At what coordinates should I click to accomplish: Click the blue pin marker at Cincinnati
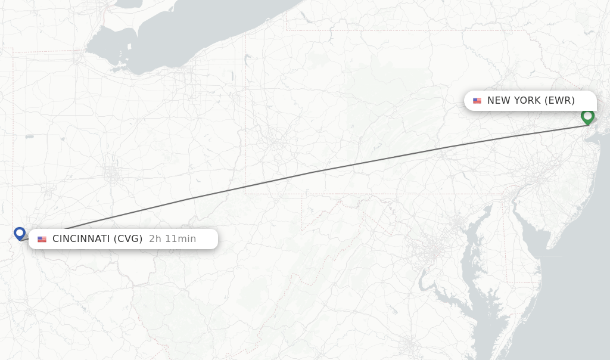coord(20,233)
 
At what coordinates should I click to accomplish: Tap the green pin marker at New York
coord(587,116)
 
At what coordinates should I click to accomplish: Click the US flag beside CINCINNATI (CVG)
coord(42,239)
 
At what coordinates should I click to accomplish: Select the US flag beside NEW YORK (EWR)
coord(477,101)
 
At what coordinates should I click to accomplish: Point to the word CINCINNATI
coord(81,239)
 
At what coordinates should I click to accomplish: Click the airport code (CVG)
coord(129,239)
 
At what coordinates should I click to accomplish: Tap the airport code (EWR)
coord(559,101)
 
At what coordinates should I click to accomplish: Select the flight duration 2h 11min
coord(172,239)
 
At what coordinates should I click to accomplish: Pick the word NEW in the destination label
coord(498,101)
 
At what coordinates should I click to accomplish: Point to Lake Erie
coord(197,36)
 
